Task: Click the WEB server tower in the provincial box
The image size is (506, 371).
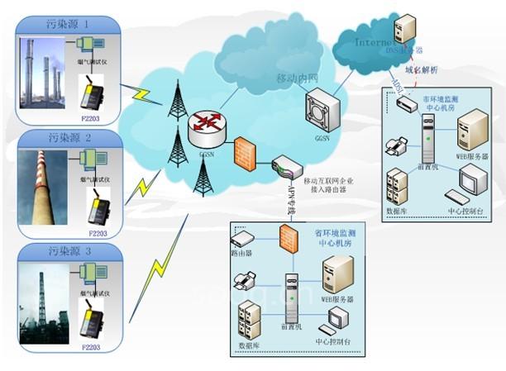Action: (x=337, y=272)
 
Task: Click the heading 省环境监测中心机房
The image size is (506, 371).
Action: (x=340, y=235)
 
